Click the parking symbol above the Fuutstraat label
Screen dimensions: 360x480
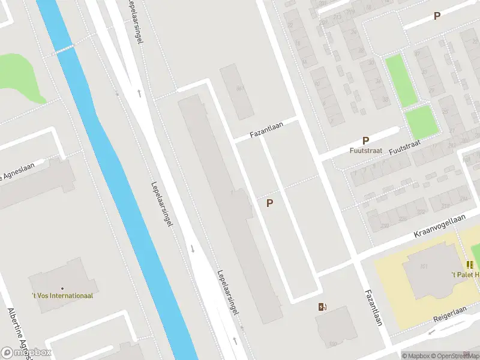365,140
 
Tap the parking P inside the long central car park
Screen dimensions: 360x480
270,203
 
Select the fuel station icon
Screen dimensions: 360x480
323,307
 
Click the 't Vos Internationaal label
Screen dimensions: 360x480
62,295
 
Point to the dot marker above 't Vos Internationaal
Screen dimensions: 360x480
62,288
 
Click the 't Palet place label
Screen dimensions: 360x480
465,275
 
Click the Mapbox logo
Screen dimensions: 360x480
25,352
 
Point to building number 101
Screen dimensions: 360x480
424,267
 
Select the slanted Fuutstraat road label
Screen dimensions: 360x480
406,147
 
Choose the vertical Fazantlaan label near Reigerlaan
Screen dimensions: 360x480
373,308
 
